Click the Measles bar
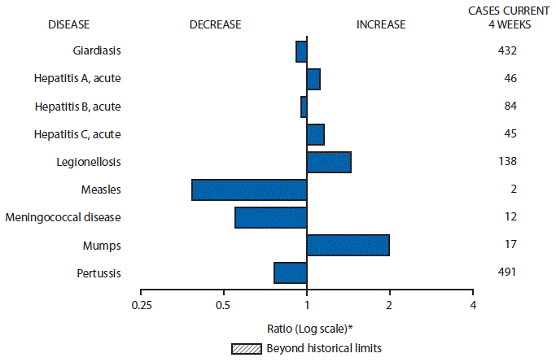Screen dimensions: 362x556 (x=249, y=190)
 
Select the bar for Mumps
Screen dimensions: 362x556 (x=348, y=245)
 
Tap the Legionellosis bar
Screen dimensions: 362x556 (x=329, y=162)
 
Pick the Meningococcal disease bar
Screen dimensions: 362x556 (x=270, y=217)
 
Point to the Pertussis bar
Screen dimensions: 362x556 (x=290, y=273)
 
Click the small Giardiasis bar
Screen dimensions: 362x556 (x=301, y=51)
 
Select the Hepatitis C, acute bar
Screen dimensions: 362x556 (x=316, y=134)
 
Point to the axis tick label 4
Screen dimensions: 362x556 (x=473, y=305)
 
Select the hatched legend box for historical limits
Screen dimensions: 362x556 (x=243, y=347)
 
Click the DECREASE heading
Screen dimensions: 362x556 (x=215, y=24)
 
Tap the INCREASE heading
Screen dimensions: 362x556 (x=380, y=24)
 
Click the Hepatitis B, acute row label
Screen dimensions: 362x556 (x=78, y=107)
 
